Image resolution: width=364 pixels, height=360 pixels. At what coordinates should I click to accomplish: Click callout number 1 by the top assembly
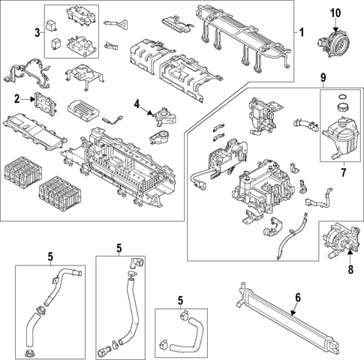(302, 32)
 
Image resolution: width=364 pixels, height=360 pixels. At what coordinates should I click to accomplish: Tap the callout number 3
(36, 32)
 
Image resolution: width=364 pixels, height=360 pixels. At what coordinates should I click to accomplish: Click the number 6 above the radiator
(297, 298)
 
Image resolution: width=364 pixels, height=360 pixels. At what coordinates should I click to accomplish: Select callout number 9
(323, 77)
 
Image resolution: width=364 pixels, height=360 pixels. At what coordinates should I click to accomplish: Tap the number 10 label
(335, 13)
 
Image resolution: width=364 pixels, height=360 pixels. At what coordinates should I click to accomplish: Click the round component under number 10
(335, 37)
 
